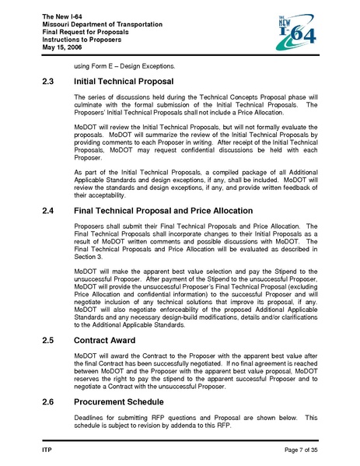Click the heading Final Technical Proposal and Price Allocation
163,211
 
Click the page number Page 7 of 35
297,450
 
